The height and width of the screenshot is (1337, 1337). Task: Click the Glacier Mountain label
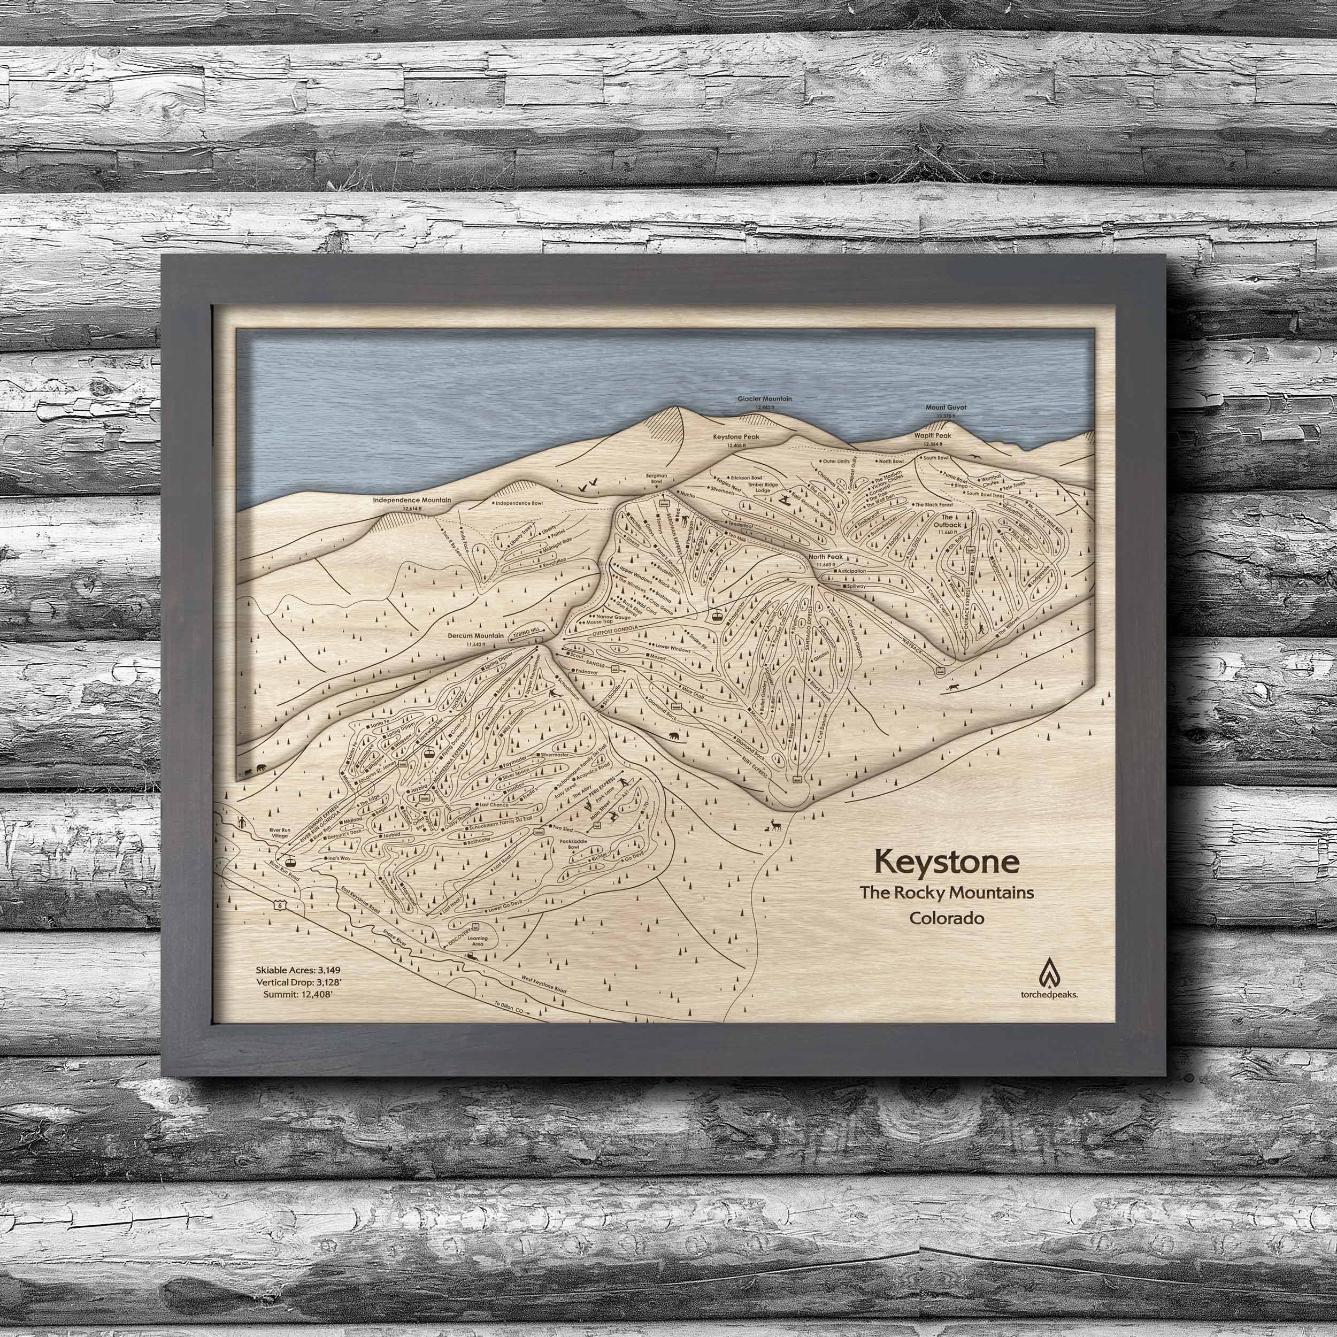point(764,399)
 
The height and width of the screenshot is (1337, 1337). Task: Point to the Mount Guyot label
point(946,408)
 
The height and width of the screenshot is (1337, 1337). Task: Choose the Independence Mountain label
point(412,500)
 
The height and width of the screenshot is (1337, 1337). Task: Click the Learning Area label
point(478,942)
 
